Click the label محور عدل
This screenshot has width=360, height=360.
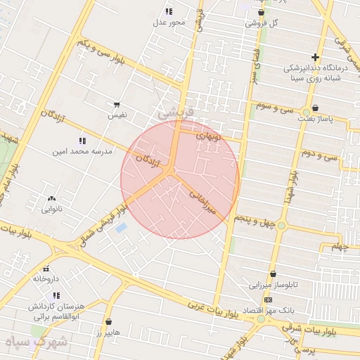[x=169, y=22]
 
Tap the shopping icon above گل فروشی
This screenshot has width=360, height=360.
[x=262, y=12]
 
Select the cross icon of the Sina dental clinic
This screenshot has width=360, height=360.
[x=315, y=57]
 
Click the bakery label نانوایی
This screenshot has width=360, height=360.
[x=52, y=209]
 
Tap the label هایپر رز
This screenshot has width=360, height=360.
[x=108, y=332]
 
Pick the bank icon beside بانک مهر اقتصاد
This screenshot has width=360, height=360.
[x=267, y=300]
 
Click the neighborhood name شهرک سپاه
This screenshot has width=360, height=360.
[x=35, y=344]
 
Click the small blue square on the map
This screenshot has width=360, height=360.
[x=121, y=229]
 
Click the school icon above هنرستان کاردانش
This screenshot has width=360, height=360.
[x=56, y=295]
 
